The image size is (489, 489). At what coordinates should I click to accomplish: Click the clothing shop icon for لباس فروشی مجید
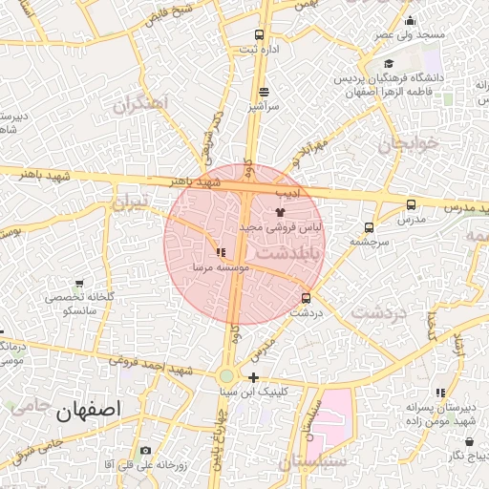[279, 212]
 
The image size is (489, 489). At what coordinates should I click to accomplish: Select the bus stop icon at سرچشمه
[369, 227]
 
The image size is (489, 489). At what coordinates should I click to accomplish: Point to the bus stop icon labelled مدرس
[411, 204]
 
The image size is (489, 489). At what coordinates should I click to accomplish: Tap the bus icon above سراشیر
[264, 92]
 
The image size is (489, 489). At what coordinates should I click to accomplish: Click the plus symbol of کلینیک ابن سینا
[252, 377]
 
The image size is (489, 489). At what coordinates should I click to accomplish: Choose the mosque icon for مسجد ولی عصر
[411, 21]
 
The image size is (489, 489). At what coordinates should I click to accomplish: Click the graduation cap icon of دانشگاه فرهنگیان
[389, 63]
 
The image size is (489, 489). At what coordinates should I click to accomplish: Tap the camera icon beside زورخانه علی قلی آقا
[145, 450]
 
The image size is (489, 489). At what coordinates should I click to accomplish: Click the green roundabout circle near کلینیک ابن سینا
[227, 377]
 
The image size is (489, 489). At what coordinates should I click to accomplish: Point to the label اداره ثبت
[264, 49]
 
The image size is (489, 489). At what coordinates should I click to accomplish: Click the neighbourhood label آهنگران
[139, 102]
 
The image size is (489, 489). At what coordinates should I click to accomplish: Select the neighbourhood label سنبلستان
[310, 463]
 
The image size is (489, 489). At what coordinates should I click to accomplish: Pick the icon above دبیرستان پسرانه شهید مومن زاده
[440, 393]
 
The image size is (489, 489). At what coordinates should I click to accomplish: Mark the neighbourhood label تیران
[131, 202]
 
